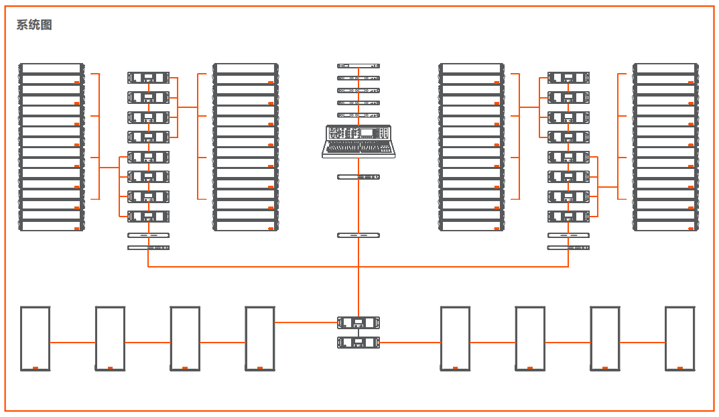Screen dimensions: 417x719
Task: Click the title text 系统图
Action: tap(34, 25)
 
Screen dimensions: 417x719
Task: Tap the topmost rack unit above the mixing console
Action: tap(358, 66)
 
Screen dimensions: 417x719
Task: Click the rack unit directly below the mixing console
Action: tap(358, 176)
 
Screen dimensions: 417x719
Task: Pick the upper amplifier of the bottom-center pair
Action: tap(358, 322)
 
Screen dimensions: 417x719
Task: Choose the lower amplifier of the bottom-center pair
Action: tap(358, 343)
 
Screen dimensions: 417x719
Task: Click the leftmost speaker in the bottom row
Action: tap(35, 338)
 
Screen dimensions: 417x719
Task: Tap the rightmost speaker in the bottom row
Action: tap(679, 338)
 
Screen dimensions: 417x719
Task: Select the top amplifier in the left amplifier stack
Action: tap(148, 78)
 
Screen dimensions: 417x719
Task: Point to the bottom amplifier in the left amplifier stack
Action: tap(148, 217)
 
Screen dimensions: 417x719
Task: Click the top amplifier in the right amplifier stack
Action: tap(568, 78)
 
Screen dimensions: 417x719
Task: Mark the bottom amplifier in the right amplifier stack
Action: tap(568, 217)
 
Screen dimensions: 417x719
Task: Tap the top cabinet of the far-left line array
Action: tap(52, 68)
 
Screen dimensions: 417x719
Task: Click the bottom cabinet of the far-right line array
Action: tap(666, 226)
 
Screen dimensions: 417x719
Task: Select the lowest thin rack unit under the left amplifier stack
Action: tap(148, 248)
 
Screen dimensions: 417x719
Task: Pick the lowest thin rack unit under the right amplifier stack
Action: tap(568, 248)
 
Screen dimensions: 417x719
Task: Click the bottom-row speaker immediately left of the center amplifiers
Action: tap(260, 338)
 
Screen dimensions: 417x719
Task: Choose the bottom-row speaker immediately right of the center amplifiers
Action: tap(455, 338)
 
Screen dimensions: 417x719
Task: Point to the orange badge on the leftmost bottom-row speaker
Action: tap(35, 367)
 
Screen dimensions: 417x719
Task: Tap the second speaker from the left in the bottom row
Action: tap(110, 338)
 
